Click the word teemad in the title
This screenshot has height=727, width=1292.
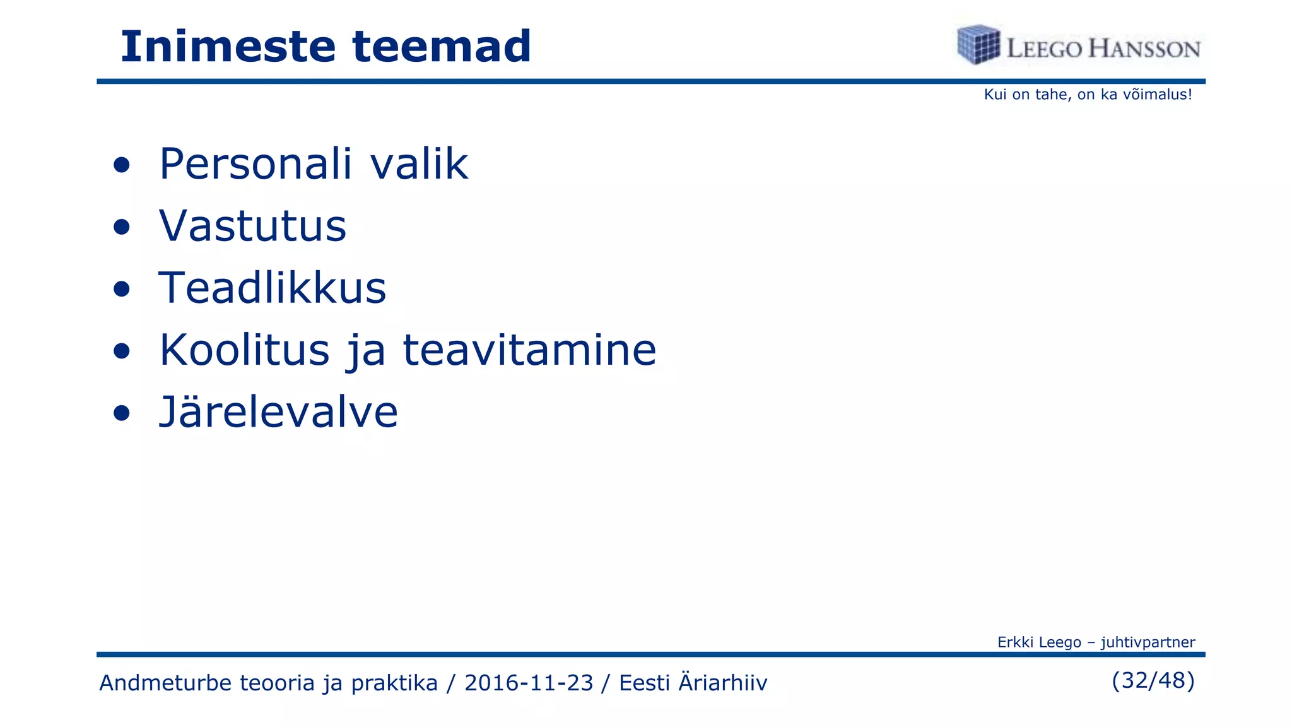pos(442,47)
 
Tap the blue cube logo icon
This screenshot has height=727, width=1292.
pos(978,45)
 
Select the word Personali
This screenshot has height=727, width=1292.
pos(255,164)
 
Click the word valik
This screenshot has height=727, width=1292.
pos(419,164)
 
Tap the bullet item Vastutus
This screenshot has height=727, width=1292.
pos(252,226)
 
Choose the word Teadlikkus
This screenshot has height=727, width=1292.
pos(272,288)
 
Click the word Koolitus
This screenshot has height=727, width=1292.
pos(244,350)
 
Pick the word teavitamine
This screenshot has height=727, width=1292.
pos(529,350)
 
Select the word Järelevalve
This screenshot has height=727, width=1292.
pos(278,411)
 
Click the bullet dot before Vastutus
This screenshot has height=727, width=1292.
pos(122,227)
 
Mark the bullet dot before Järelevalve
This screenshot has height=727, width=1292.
pos(122,413)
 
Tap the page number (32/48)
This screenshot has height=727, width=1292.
pos(1153,680)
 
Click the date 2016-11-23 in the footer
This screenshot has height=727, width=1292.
pos(529,683)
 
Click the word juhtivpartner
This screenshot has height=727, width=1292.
pos(1148,642)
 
